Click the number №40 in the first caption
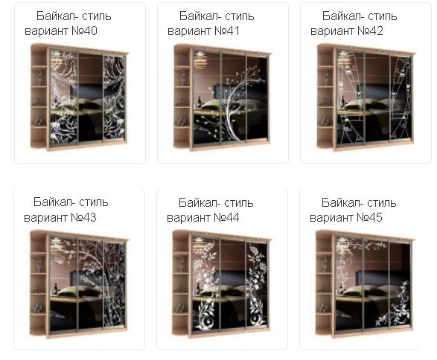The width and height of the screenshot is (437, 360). coord(84,31)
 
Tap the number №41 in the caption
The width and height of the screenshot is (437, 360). coord(227,31)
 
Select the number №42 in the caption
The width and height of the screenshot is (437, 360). coord(370,31)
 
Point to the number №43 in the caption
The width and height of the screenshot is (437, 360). coord(83,217)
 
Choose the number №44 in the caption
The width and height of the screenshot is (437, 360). coord(226,217)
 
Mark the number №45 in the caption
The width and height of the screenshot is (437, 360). coord(369,217)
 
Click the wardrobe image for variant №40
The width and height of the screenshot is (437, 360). coord(80,97)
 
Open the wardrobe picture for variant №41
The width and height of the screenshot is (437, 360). coord(223,97)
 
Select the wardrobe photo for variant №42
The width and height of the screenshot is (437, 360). coord(366,97)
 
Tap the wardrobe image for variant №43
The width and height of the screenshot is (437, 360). coord(80,284)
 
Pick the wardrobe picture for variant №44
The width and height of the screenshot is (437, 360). coord(222,284)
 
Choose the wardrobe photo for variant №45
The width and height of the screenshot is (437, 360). coord(366,284)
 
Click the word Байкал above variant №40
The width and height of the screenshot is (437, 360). coord(56,16)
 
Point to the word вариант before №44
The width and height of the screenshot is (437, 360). coord(188,218)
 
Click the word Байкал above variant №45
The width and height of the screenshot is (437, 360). coord(340,203)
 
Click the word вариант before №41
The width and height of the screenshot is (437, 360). coord(189,31)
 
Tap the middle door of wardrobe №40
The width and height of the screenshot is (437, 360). coord(90,97)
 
